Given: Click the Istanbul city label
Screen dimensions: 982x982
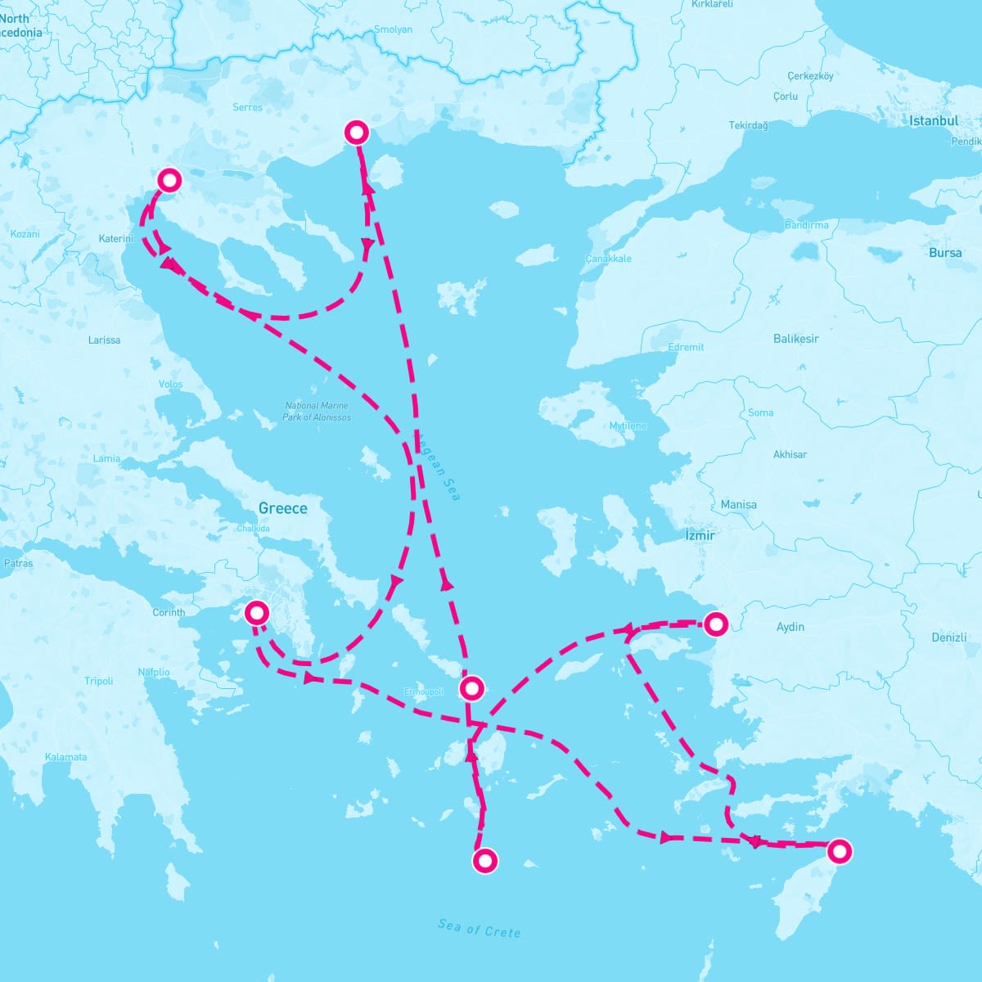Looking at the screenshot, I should coord(934,120).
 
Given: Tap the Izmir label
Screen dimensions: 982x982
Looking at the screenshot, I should coord(700,535).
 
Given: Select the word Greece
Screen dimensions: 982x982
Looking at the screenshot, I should coord(283,508).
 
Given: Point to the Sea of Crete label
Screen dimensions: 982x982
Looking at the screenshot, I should coord(479,928).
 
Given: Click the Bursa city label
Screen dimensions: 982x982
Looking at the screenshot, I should coord(945,253).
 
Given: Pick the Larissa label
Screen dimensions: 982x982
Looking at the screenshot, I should coord(104,340).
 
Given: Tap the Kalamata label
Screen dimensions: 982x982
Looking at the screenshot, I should coord(66,757).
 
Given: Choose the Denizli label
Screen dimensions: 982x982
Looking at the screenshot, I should coord(949,637).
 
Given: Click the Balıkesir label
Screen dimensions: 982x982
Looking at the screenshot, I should coord(796,338).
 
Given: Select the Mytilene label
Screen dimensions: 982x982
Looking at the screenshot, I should coord(628,426).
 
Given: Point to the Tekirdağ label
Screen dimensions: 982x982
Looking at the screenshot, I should coord(749,125).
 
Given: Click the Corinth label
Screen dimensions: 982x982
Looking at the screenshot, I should coord(169,612).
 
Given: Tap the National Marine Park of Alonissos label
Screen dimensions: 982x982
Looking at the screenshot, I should coord(317,411).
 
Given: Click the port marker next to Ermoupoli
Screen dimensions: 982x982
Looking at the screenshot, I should coord(472,687).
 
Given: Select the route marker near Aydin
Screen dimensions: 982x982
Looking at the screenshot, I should coord(716,624).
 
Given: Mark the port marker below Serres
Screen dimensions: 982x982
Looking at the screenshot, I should coord(357,132).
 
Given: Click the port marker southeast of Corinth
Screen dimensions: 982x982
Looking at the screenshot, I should coord(257,612).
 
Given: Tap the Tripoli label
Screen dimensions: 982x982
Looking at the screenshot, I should coord(99,681).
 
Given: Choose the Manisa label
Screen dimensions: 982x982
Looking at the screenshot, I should coord(738,505).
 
